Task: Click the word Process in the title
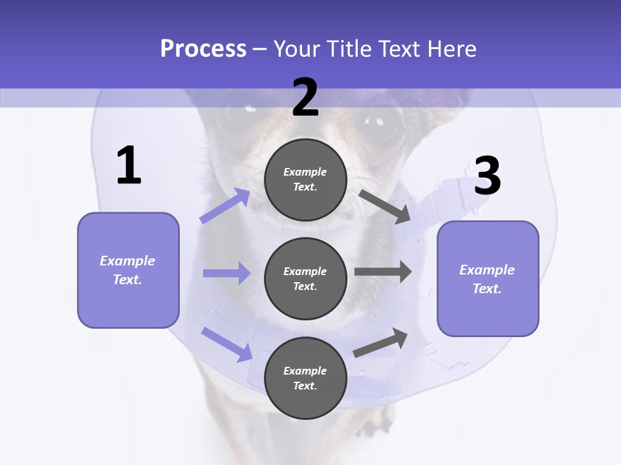coord(203,49)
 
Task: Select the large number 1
coord(129,166)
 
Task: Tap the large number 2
coord(305,98)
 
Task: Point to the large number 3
coord(487,176)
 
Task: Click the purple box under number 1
coord(128,270)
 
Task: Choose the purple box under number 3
coord(488,278)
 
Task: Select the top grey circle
coord(305,180)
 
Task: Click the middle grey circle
coord(305,278)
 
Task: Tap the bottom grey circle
coord(305,378)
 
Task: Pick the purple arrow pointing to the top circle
coord(225,206)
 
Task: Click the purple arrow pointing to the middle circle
coord(226,273)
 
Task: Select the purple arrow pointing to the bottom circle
coord(226,344)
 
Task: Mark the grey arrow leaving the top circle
coord(385,206)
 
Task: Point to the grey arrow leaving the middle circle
coord(383,272)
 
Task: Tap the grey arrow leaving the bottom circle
coord(381,342)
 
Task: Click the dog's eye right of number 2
coord(383,122)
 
